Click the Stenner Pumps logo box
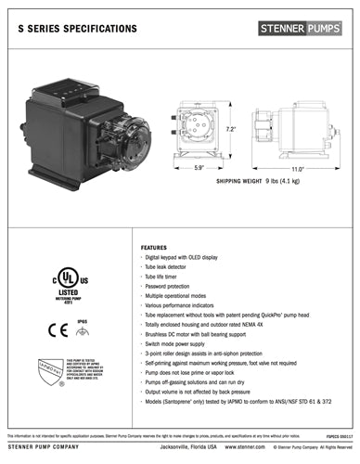click(x=303, y=28)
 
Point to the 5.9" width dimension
click(x=198, y=168)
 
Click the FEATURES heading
click(x=153, y=249)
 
